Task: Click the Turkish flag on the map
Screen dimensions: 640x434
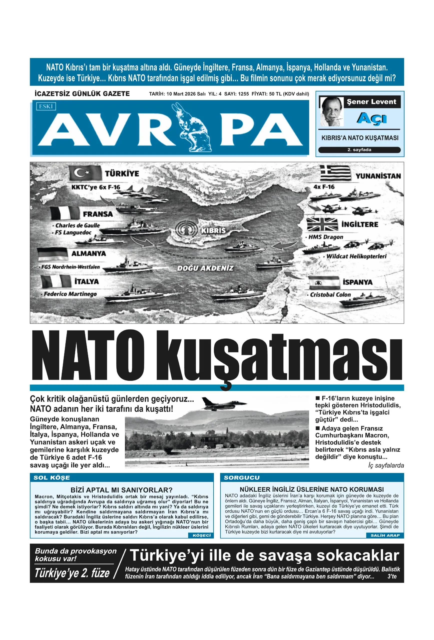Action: pyautogui.click(x=85, y=173)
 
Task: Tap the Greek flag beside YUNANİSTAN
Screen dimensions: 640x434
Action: pyautogui.click(x=336, y=173)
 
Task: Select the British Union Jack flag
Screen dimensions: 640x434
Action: pyautogui.click(x=322, y=224)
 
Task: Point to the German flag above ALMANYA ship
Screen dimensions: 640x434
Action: pyautogui.click(x=52, y=254)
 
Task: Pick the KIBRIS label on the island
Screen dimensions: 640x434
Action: pyautogui.click(x=213, y=230)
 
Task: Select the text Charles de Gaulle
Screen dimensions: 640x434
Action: pyautogui.click(x=78, y=225)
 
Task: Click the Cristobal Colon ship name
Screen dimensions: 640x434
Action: pyautogui.click(x=330, y=295)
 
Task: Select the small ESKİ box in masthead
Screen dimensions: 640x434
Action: pyautogui.click(x=46, y=106)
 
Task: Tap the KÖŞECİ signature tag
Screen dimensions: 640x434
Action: pyautogui.click(x=201, y=535)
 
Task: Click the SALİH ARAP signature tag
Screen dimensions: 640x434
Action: pyautogui.click(x=385, y=535)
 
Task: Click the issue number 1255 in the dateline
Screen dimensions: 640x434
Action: pyautogui.click(x=243, y=94)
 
